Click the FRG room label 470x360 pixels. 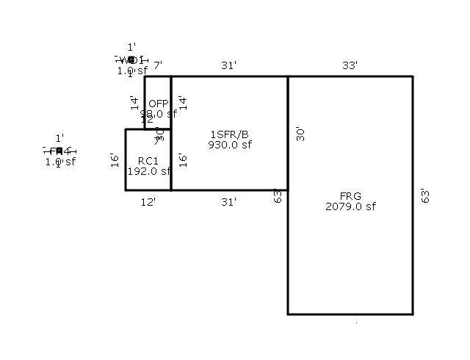[x=350, y=196]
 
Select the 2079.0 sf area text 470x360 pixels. [x=350, y=206]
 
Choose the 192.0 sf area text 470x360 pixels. [x=148, y=171]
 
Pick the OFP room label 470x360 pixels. [x=159, y=104]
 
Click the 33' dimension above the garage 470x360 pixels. [x=350, y=65]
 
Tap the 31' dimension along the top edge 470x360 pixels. [x=229, y=65]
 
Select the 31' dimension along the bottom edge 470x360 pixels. [x=229, y=201]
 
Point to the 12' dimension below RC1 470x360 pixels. [x=148, y=201]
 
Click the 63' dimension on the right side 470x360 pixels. [x=425, y=195]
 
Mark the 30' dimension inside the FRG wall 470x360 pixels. [x=298, y=133]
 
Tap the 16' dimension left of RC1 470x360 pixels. [x=115, y=159]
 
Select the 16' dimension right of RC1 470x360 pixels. [x=182, y=159]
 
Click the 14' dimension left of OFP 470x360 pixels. [x=134, y=102]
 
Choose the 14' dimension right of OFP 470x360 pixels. [x=182, y=102]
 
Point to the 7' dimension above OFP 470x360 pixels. [x=158, y=65]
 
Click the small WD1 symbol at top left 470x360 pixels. [x=131, y=60]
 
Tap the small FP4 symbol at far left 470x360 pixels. [x=59, y=151]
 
